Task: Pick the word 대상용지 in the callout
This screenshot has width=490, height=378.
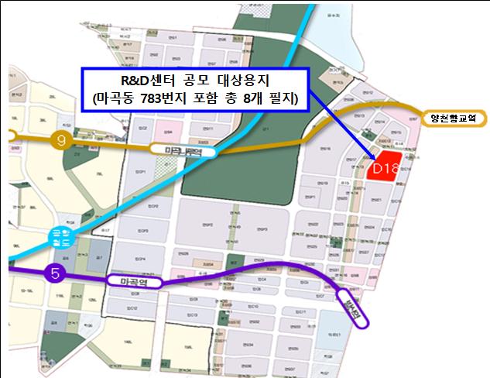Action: click(248, 80)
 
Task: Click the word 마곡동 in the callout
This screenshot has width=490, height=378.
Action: click(118, 99)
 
